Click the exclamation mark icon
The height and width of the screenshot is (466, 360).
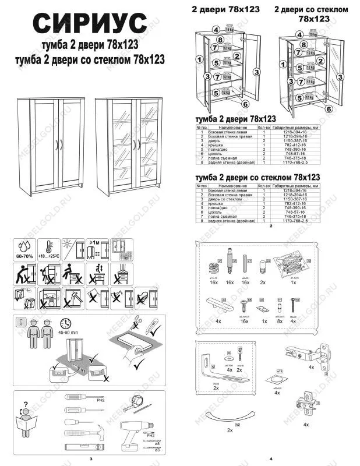22,322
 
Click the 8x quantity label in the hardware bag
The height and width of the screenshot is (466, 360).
280,321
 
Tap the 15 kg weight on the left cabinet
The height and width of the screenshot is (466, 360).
229,29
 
